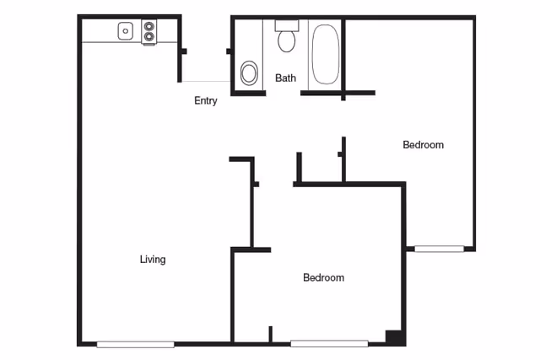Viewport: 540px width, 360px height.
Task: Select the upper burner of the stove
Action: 150,26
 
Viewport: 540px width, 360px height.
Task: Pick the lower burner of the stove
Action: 150,36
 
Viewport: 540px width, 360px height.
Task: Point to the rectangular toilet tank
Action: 287,24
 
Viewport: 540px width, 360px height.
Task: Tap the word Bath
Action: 286,78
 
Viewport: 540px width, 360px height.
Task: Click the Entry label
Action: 206,100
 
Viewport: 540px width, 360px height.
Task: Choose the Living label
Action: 153,259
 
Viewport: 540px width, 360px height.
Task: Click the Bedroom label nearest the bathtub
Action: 423,145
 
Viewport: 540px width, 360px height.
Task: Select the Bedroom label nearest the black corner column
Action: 323,277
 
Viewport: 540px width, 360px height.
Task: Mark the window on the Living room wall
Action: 136,343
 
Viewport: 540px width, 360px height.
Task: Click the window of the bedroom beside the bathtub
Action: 439,249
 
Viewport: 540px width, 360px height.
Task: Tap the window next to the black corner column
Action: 329,343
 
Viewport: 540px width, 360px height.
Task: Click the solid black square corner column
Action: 394,336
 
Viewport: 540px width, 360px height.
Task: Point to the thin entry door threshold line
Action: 205,82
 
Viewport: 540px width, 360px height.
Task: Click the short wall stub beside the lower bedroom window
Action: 270,334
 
